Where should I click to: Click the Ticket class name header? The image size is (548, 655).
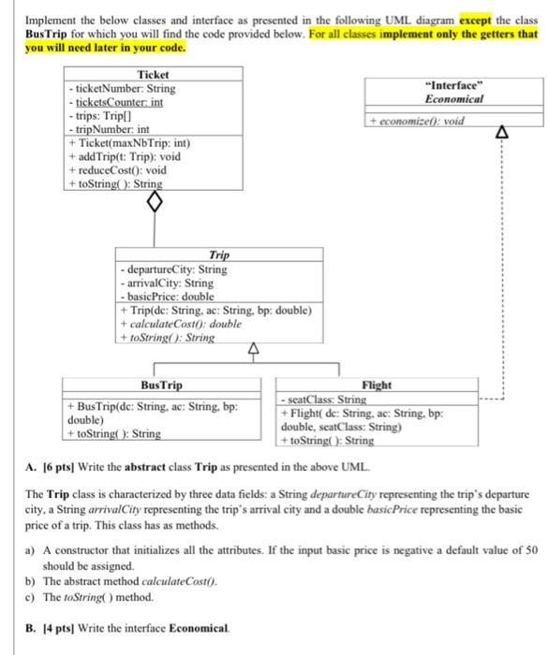152,74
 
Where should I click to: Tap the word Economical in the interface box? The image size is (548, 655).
453,98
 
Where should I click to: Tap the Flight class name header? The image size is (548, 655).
376,385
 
